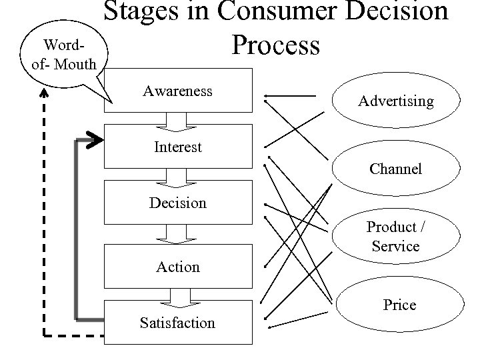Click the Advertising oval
tap(395, 101)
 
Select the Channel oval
tap(395, 169)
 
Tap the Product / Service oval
tap(395, 236)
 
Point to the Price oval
tap(399, 305)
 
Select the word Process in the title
tap(275, 45)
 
